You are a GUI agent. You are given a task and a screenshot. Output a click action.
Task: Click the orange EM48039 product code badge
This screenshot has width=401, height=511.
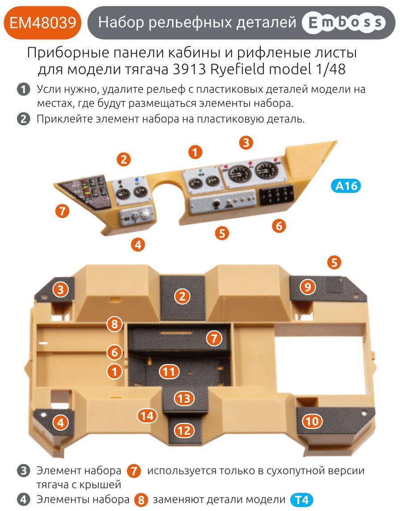point(42,22)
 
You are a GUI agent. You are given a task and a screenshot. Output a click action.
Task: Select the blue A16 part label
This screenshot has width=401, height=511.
point(346,185)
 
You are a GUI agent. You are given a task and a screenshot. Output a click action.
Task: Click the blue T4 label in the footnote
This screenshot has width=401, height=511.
point(302,500)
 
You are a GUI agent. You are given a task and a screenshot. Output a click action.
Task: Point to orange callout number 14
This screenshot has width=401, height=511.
point(148,416)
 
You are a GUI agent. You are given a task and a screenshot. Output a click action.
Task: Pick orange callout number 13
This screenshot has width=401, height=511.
point(184,398)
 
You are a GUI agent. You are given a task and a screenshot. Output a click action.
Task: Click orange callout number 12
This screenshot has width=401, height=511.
point(184,430)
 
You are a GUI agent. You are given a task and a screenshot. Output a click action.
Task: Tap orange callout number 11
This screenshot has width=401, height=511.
point(169,371)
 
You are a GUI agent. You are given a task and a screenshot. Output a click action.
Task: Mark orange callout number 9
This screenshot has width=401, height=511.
point(307,287)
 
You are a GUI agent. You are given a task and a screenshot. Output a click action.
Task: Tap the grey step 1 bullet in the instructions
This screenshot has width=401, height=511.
point(23,89)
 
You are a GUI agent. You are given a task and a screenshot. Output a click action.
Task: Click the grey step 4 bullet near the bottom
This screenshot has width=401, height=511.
point(23,499)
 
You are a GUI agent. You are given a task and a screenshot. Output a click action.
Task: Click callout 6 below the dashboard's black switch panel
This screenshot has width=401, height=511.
point(279,226)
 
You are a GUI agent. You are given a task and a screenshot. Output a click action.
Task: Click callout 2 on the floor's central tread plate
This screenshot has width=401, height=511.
point(182,297)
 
